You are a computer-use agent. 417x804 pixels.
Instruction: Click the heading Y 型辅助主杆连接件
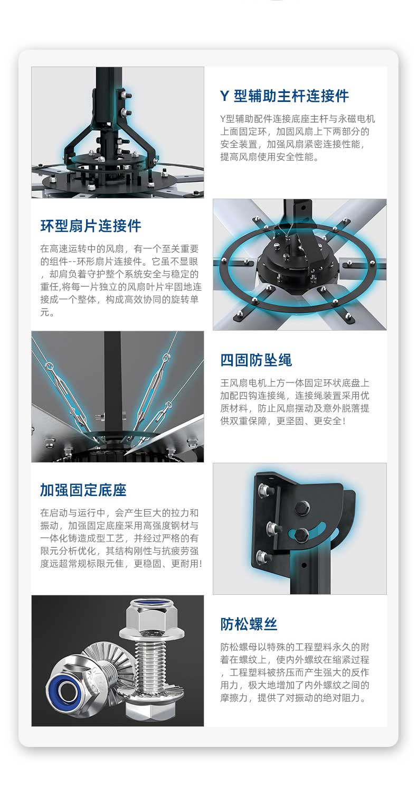(285, 96)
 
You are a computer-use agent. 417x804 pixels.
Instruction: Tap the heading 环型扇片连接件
(91, 226)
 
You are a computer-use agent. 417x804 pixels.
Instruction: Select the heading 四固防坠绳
(256, 360)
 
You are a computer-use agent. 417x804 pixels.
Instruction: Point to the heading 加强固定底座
(83, 490)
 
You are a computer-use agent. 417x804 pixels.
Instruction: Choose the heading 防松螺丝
(249, 624)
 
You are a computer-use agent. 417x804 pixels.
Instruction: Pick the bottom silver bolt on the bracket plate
(263, 557)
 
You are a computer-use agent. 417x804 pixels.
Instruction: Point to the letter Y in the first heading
(224, 96)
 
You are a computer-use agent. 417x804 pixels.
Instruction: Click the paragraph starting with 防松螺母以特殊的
(295, 672)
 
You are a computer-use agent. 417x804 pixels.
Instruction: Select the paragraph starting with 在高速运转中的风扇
(121, 281)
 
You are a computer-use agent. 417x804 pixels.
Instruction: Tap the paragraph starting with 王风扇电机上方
(295, 401)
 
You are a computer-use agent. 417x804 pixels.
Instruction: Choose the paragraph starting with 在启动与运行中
(121, 538)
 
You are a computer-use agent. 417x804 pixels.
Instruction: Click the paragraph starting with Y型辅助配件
(298, 137)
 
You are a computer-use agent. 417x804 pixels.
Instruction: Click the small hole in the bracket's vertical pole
(304, 565)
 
